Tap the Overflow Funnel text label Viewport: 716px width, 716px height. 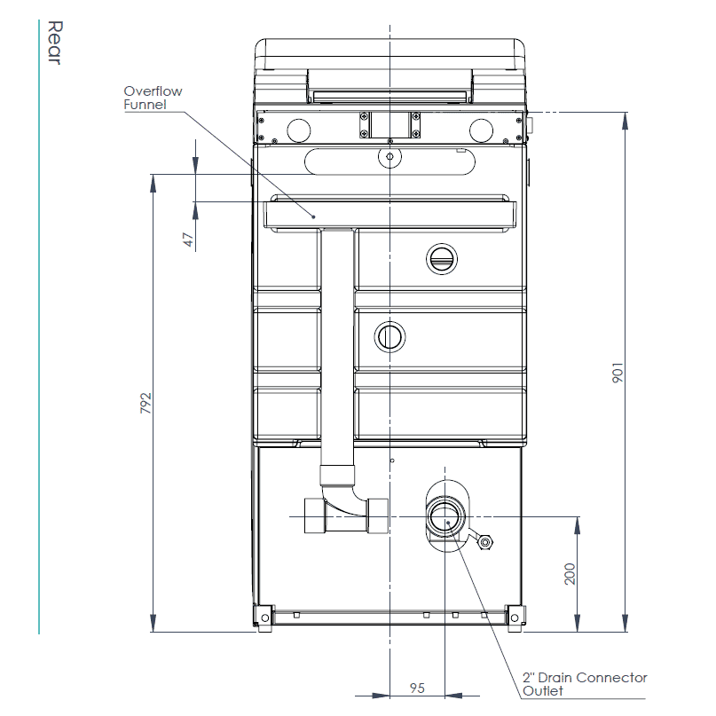(x=153, y=98)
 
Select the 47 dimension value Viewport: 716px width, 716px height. (x=188, y=240)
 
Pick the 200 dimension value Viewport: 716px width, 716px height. (x=570, y=574)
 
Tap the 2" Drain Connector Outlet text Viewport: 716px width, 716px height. (x=584, y=684)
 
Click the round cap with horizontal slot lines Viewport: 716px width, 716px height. (x=441, y=258)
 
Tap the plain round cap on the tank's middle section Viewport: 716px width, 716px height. (x=389, y=336)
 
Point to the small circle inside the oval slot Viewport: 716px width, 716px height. (x=389, y=157)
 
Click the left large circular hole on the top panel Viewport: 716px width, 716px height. (x=299, y=130)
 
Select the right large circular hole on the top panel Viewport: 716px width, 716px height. (x=482, y=130)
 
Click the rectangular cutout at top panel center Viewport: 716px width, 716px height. (x=389, y=124)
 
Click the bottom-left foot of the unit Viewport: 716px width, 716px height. (x=264, y=616)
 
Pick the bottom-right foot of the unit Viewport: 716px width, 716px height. (x=514, y=616)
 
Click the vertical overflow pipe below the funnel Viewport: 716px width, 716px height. (x=338, y=355)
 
